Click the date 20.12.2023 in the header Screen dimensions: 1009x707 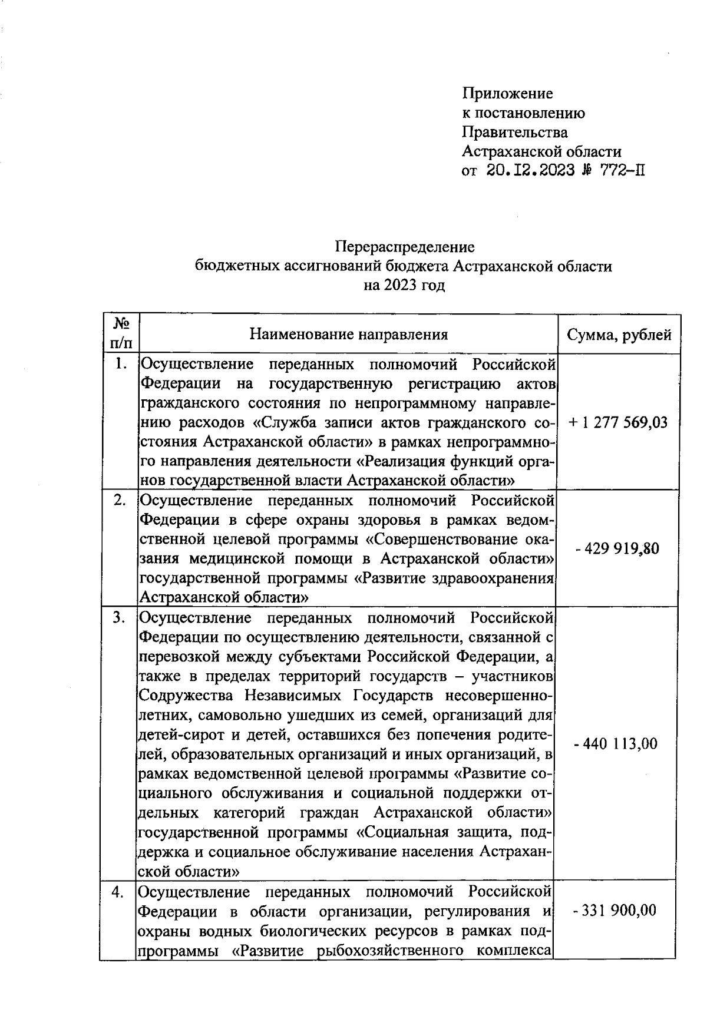[530, 171]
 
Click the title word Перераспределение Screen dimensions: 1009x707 [405, 246]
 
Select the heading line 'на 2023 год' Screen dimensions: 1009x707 [404, 286]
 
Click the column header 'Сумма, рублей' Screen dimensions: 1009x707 [619, 335]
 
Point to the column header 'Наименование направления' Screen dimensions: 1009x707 [348, 335]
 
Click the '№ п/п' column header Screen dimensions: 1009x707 [121, 333]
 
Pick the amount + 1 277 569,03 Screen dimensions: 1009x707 [618, 422]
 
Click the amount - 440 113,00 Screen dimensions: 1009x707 [616, 744]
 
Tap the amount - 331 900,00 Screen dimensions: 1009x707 [615, 911]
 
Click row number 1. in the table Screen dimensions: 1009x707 [121, 365]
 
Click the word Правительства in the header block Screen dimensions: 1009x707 [514, 132]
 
